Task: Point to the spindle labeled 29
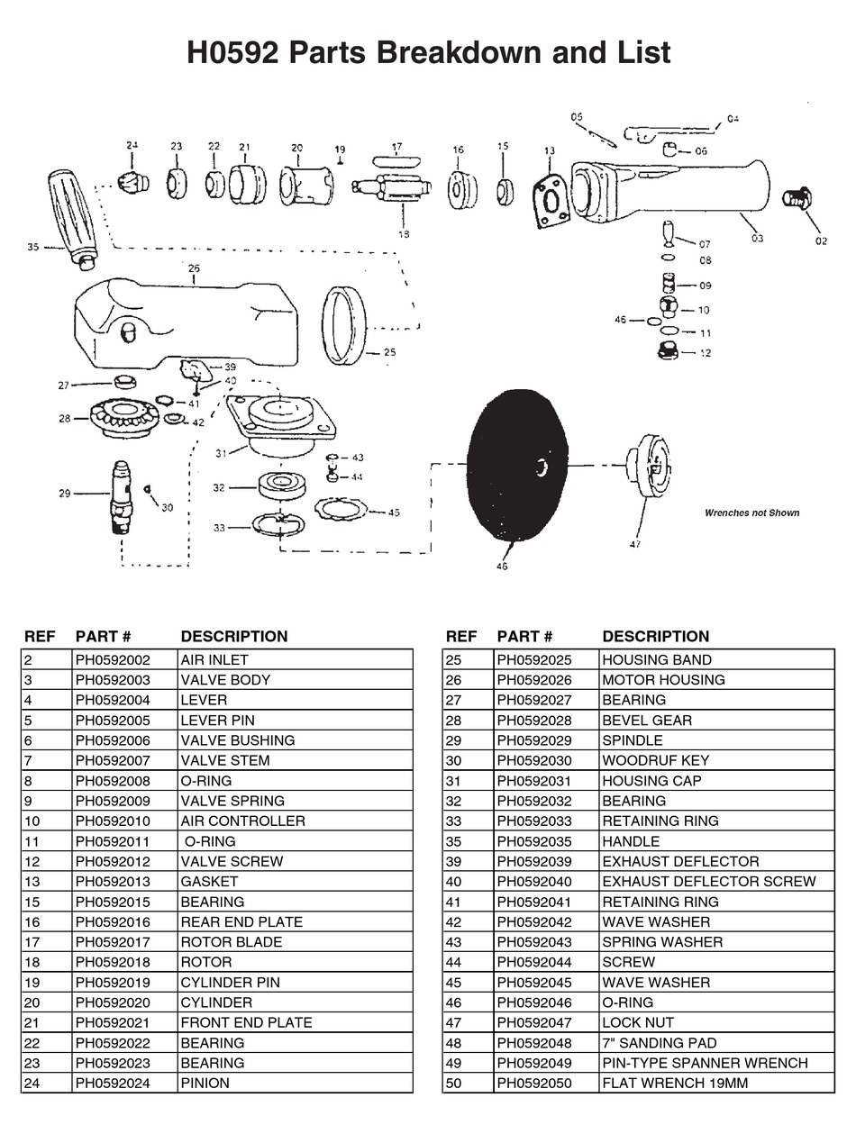click(121, 497)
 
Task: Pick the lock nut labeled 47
click(651, 467)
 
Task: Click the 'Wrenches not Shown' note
click(751, 513)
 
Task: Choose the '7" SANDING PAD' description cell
click(659, 1043)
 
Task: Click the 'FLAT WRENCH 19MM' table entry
click(675, 1084)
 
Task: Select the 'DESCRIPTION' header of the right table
click(655, 636)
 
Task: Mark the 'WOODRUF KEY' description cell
click(655, 760)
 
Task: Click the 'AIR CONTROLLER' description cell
click(242, 821)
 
